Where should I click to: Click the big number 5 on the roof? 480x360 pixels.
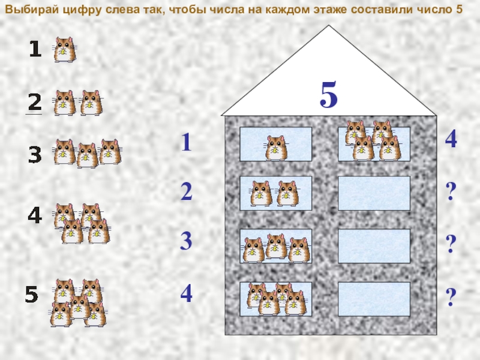tap(329, 95)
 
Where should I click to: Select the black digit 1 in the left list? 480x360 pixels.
tap(35, 49)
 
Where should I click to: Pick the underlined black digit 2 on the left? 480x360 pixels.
tap(35, 102)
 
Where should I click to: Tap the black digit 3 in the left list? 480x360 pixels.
tap(35, 155)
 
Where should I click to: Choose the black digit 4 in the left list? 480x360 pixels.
tap(35, 215)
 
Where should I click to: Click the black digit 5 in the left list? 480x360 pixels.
tap(32, 294)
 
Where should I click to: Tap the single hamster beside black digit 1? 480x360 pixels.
tap(65, 50)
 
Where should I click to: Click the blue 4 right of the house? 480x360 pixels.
tap(451, 139)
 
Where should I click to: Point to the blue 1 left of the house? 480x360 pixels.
tap(186, 142)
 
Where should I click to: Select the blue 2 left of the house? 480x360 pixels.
tap(187, 191)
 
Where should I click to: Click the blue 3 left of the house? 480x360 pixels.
tap(186, 241)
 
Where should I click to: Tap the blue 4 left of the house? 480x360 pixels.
tap(187, 293)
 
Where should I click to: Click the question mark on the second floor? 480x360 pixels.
tap(451, 191)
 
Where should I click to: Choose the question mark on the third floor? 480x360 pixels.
tap(451, 244)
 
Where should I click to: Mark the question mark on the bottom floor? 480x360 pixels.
tap(451, 296)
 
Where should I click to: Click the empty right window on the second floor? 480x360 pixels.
tap(374, 193)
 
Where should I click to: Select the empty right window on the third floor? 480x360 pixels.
tap(374, 246)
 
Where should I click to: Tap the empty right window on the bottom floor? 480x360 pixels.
tap(374, 299)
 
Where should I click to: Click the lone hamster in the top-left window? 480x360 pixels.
tap(277, 148)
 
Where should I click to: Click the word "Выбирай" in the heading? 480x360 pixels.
tap(32, 10)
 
